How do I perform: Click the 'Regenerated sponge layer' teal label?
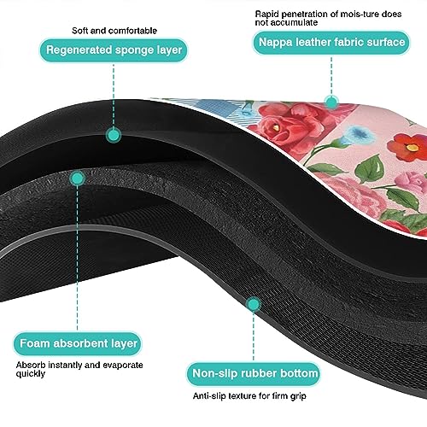[114, 50]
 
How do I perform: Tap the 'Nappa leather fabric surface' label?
[331, 43]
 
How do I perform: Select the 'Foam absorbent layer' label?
[78, 343]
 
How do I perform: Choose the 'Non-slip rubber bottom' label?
[254, 374]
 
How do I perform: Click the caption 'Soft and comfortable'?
[114, 31]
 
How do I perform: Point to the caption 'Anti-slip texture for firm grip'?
[249, 396]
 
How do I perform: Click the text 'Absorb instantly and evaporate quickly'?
[79, 369]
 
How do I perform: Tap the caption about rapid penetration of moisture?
[328, 18]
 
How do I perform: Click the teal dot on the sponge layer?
[114, 135]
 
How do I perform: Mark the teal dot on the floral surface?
[331, 102]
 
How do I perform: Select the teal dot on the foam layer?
[77, 178]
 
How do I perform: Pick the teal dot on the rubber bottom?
[253, 304]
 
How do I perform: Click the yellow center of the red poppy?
[412, 148]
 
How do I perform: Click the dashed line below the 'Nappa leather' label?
[331, 76]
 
